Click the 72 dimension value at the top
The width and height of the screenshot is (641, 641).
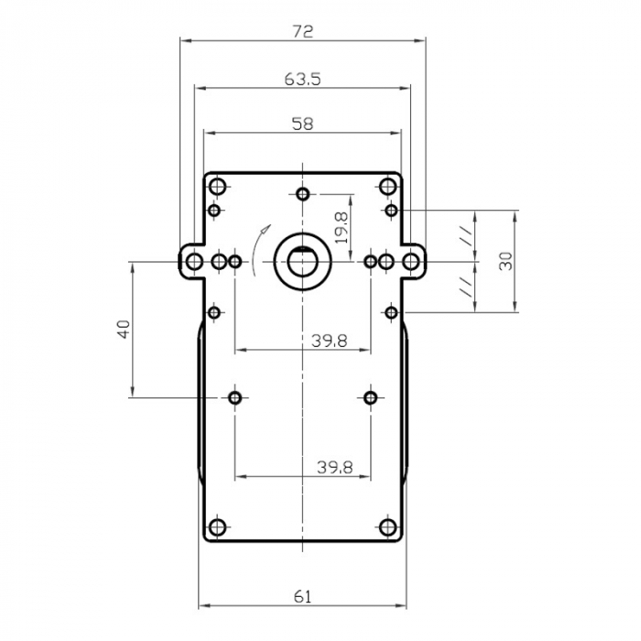pyautogui.click(x=303, y=31)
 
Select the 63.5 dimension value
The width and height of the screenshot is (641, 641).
pyautogui.click(x=302, y=80)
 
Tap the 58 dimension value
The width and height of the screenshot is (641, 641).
pyautogui.click(x=302, y=125)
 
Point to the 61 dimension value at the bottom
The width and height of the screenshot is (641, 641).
pyautogui.click(x=303, y=596)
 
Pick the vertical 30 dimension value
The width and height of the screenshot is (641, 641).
pyautogui.click(x=505, y=260)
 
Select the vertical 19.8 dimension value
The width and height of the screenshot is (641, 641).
pyautogui.click(x=341, y=227)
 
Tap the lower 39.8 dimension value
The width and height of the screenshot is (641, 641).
pyautogui.click(x=334, y=466)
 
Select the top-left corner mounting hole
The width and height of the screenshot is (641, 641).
pyautogui.click(x=218, y=188)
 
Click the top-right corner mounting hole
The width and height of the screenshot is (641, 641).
pyautogui.click(x=388, y=188)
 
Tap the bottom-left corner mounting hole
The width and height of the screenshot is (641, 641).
pyautogui.click(x=218, y=527)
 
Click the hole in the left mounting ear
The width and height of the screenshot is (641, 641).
pyautogui.click(x=194, y=263)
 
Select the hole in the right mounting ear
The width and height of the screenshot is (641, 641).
pyautogui.click(x=412, y=263)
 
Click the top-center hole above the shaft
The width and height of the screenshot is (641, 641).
pyautogui.click(x=303, y=194)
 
